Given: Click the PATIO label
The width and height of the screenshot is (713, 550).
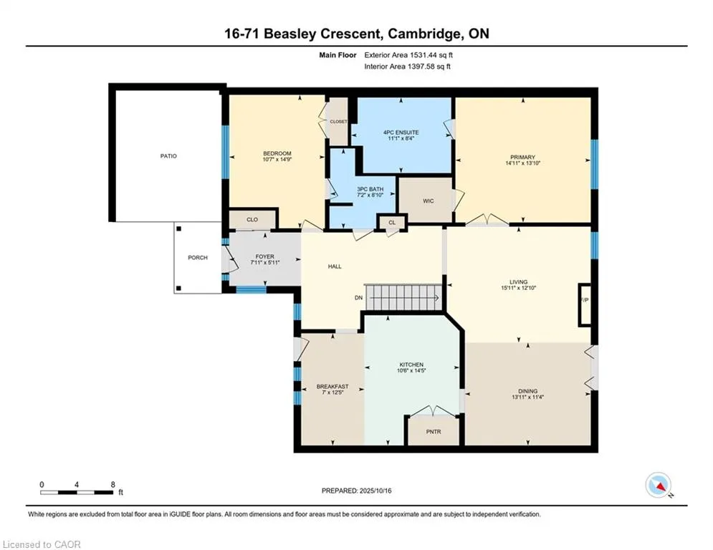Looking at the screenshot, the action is click(x=168, y=156).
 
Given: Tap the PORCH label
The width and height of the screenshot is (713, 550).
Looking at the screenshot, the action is click(x=197, y=258).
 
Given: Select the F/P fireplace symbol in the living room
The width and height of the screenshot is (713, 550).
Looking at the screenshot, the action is click(x=585, y=305).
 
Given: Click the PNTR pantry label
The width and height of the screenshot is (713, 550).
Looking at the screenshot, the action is click(x=434, y=432).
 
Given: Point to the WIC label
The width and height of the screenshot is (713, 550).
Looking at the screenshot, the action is click(x=428, y=201).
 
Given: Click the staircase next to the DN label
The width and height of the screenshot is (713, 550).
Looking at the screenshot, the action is click(x=403, y=298).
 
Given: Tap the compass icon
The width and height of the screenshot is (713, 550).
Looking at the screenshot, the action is click(x=659, y=485).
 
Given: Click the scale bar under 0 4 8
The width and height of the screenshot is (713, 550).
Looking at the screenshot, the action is click(x=77, y=492).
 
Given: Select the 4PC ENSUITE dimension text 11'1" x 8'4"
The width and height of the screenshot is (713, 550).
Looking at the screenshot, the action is click(x=401, y=138).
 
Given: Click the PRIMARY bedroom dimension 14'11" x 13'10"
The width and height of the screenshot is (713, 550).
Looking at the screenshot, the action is click(x=522, y=163).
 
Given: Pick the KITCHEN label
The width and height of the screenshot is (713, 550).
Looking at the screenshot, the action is click(x=411, y=365).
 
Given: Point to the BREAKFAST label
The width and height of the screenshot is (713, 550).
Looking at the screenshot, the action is click(x=332, y=387).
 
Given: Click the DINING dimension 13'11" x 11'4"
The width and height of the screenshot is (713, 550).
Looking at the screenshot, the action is click(x=527, y=397).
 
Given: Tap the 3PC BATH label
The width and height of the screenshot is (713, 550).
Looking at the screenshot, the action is click(x=370, y=189).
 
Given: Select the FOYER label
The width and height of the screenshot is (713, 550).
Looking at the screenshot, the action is click(x=264, y=257).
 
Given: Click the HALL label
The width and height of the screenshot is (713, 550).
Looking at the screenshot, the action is click(x=335, y=266).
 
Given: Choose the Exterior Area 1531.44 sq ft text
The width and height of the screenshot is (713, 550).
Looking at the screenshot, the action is click(x=408, y=55).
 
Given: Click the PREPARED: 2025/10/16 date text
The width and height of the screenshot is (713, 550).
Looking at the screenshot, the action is click(x=357, y=491).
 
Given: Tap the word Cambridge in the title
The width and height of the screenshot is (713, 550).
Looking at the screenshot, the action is click(x=424, y=34).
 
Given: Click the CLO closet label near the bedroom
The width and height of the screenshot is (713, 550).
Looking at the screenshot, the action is click(x=252, y=220).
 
